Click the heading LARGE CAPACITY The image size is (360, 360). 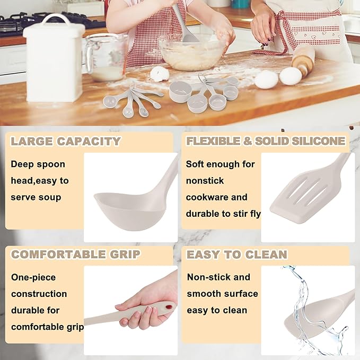(66, 142)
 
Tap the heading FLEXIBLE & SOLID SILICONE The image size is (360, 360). (266, 141)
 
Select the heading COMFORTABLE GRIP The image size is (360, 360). (76, 254)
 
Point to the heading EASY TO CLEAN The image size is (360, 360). (236, 254)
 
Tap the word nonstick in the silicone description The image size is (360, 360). (205, 181)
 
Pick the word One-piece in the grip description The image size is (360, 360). (33, 277)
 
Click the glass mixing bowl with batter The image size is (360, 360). (192, 52)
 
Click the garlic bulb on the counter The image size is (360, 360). (159, 74)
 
